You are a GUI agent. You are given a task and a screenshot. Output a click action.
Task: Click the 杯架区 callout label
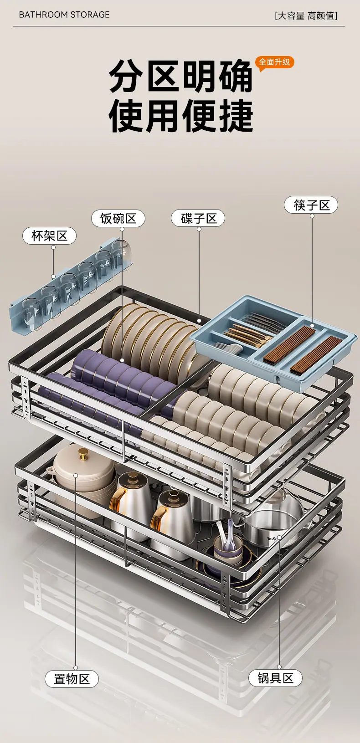pyautogui.click(x=49, y=236)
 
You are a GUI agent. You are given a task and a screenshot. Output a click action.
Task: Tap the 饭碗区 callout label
pyautogui.click(x=118, y=218)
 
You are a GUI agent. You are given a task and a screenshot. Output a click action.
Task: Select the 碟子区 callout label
pyautogui.click(x=198, y=218)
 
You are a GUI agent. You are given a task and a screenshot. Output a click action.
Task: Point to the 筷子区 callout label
pyautogui.click(x=311, y=205)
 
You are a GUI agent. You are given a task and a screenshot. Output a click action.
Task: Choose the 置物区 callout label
pyautogui.click(x=72, y=679)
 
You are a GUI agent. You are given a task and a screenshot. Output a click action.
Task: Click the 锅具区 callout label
pyautogui.click(x=275, y=678)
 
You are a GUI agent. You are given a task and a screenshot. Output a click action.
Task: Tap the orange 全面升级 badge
pyautogui.click(x=274, y=62)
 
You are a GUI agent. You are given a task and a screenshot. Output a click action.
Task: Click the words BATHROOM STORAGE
pyautogui.click(x=64, y=15)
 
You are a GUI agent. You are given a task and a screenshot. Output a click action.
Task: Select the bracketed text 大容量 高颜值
pyautogui.click(x=306, y=15)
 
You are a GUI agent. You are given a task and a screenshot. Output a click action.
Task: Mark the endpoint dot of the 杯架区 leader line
pyautogui.click(x=53, y=277)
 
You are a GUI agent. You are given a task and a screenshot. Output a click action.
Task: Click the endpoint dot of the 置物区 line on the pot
pyautogui.click(x=76, y=476)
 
